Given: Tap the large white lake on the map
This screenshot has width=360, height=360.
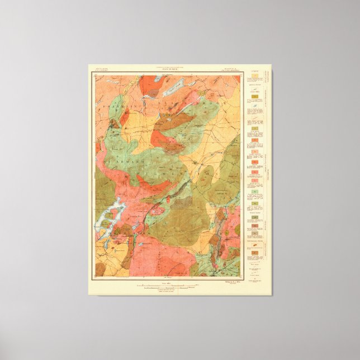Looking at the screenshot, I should [x=110, y=215].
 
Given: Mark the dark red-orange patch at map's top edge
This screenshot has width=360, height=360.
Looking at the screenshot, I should [x=149, y=84].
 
